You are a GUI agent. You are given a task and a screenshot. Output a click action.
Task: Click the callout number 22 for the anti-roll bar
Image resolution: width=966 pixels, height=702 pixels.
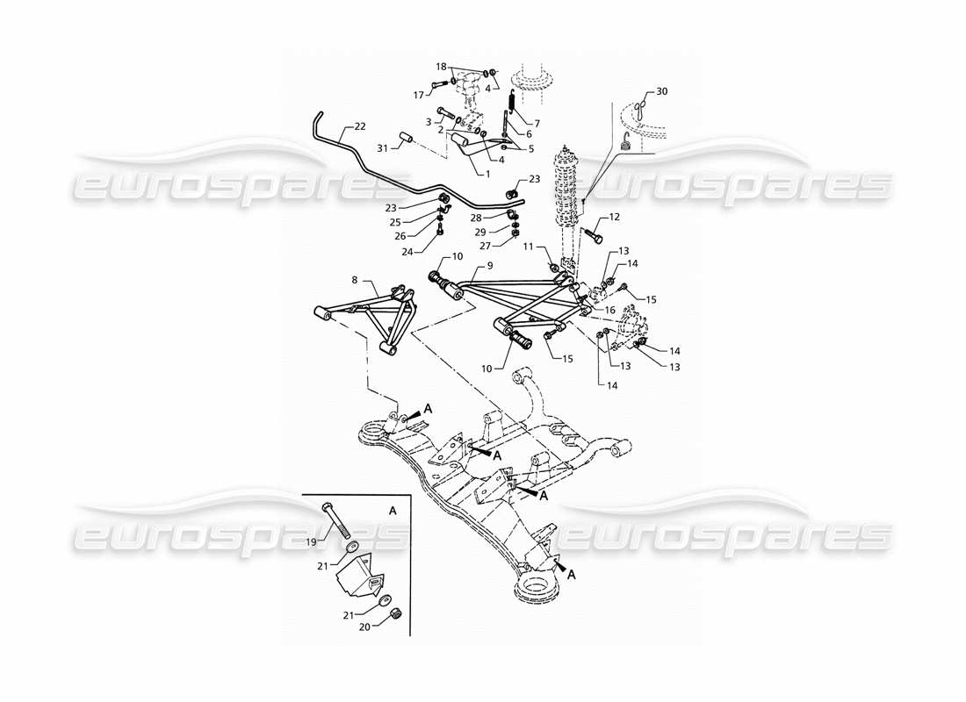click(361, 126)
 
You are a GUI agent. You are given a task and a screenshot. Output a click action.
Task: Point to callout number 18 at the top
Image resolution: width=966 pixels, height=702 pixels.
click(442, 66)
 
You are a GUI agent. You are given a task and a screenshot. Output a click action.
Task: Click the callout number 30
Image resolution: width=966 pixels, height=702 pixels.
click(662, 91)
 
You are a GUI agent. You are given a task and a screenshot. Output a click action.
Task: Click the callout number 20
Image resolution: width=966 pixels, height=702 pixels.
click(363, 626)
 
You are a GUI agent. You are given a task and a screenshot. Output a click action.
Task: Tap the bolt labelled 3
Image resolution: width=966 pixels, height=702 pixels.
click(442, 113)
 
